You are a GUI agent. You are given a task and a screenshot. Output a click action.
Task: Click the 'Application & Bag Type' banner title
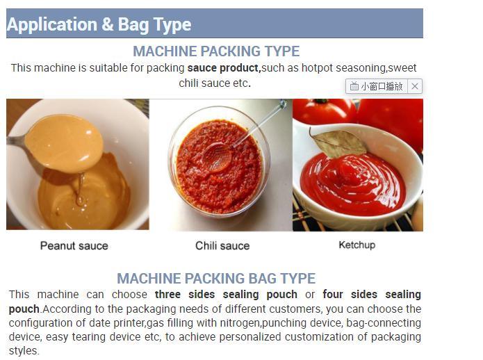99,24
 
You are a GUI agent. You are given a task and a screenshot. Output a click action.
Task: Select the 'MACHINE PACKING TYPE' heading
216,51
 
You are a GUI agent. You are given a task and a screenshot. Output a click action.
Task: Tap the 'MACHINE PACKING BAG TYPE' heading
216,279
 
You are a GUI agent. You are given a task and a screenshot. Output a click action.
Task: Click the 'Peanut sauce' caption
74,246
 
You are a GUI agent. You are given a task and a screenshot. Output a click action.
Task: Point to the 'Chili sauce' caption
222,246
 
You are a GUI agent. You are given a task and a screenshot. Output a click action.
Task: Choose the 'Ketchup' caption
357,245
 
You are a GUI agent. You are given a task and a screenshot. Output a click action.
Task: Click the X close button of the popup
415,86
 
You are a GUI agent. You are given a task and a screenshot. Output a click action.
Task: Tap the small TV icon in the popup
354,86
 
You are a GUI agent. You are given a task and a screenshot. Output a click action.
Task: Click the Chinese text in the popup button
382,86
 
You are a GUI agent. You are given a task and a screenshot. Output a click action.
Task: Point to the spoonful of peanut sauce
64,142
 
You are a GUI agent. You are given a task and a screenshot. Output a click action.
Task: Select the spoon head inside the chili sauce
218,157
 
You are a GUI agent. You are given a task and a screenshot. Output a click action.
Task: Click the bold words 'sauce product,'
224,67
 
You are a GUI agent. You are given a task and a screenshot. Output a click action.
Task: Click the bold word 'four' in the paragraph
333,295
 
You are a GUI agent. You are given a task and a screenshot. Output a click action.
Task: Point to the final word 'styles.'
24,351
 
